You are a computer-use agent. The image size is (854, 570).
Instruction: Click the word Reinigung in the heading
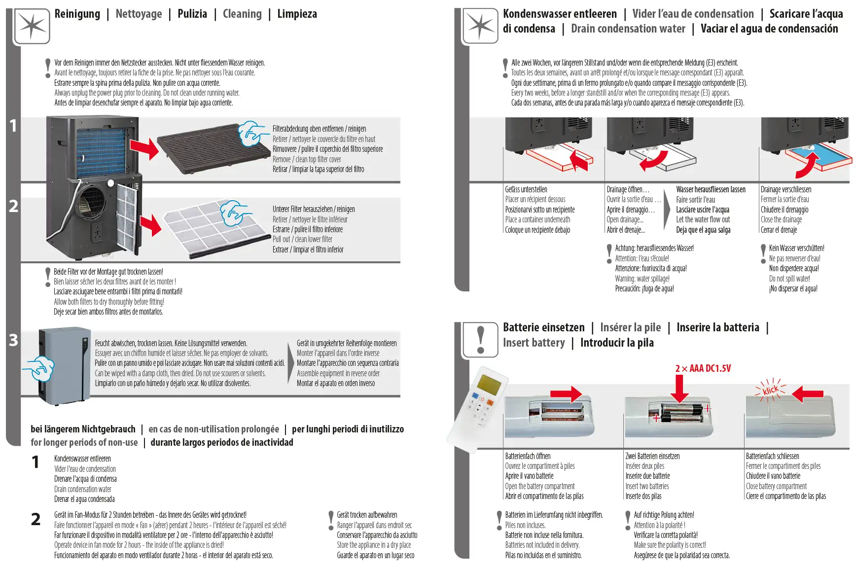pos(77,14)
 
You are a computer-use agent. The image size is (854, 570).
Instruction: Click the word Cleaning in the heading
pos(242,14)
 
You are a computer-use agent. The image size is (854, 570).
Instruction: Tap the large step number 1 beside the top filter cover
pos(13,126)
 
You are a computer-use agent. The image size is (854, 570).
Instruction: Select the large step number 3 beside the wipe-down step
pos(13,340)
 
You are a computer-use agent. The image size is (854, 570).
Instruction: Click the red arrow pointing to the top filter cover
pos(144,148)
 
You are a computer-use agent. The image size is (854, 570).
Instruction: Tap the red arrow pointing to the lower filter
pos(150,225)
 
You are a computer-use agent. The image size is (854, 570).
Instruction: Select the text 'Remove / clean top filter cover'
pos(307,159)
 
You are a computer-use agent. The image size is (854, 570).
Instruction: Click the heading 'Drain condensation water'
pos(628,29)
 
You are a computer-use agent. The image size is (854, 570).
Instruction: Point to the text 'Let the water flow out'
pos(703,219)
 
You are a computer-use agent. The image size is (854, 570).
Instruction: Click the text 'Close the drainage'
pos(781,219)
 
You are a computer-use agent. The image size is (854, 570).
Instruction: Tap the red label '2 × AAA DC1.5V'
pos(703,368)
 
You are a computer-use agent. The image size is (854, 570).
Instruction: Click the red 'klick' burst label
pos(770,390)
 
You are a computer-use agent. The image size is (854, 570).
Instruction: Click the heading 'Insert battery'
pos(534,343)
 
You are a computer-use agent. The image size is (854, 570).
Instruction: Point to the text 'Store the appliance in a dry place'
pos(374,545)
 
